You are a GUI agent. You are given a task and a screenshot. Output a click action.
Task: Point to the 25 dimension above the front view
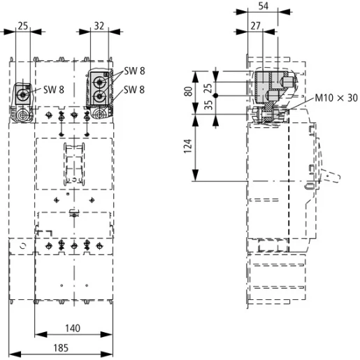click(23, 26)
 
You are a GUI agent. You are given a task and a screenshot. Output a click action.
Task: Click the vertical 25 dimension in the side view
click(208, 87)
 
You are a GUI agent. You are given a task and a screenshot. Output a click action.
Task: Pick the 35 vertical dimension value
click(208, 106)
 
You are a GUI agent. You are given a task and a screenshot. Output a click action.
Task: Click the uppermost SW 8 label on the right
click(134, 72)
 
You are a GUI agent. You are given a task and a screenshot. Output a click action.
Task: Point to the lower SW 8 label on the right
click(134, 89)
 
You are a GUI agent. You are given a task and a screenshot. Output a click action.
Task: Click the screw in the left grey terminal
click(24, 94)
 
